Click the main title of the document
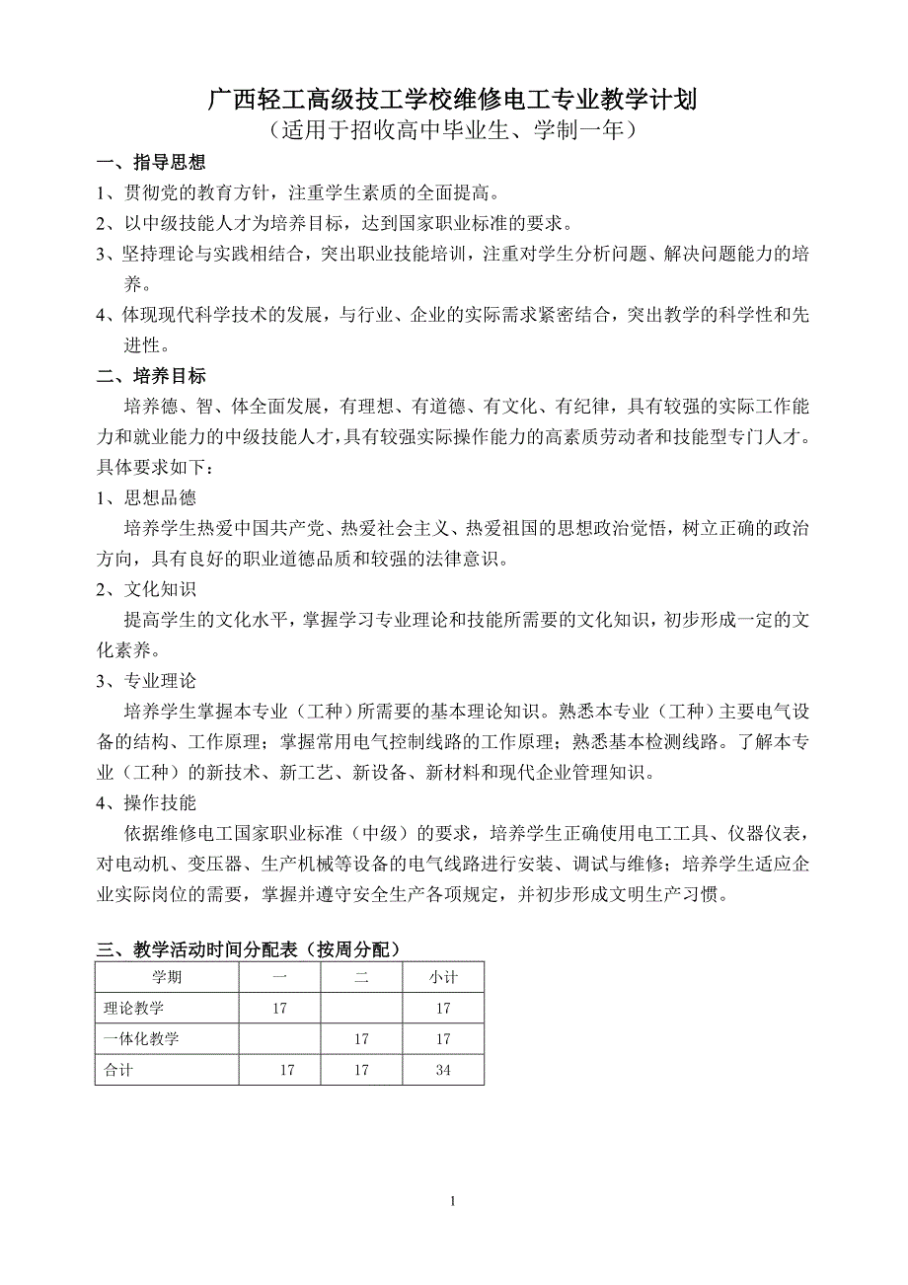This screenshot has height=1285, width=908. (453, 98)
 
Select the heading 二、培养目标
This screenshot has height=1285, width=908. (151, 376)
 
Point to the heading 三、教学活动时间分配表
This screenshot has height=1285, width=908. (249, 949)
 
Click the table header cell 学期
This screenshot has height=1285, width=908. (166, 978)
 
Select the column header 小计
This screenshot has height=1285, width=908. (442, 978)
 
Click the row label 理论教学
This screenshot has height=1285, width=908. (134, 1009)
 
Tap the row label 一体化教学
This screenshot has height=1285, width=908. (142, 1039)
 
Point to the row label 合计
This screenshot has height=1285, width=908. (118, 1070)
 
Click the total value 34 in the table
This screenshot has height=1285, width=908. (442, 1070)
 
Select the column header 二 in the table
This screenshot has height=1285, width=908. (360, 978)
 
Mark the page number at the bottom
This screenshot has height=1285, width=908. (453, 1201)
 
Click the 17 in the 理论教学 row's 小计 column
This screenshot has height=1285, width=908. (442, 1009)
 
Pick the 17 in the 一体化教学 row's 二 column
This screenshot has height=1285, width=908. (360, 1039)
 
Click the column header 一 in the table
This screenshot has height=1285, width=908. (279, 978)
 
